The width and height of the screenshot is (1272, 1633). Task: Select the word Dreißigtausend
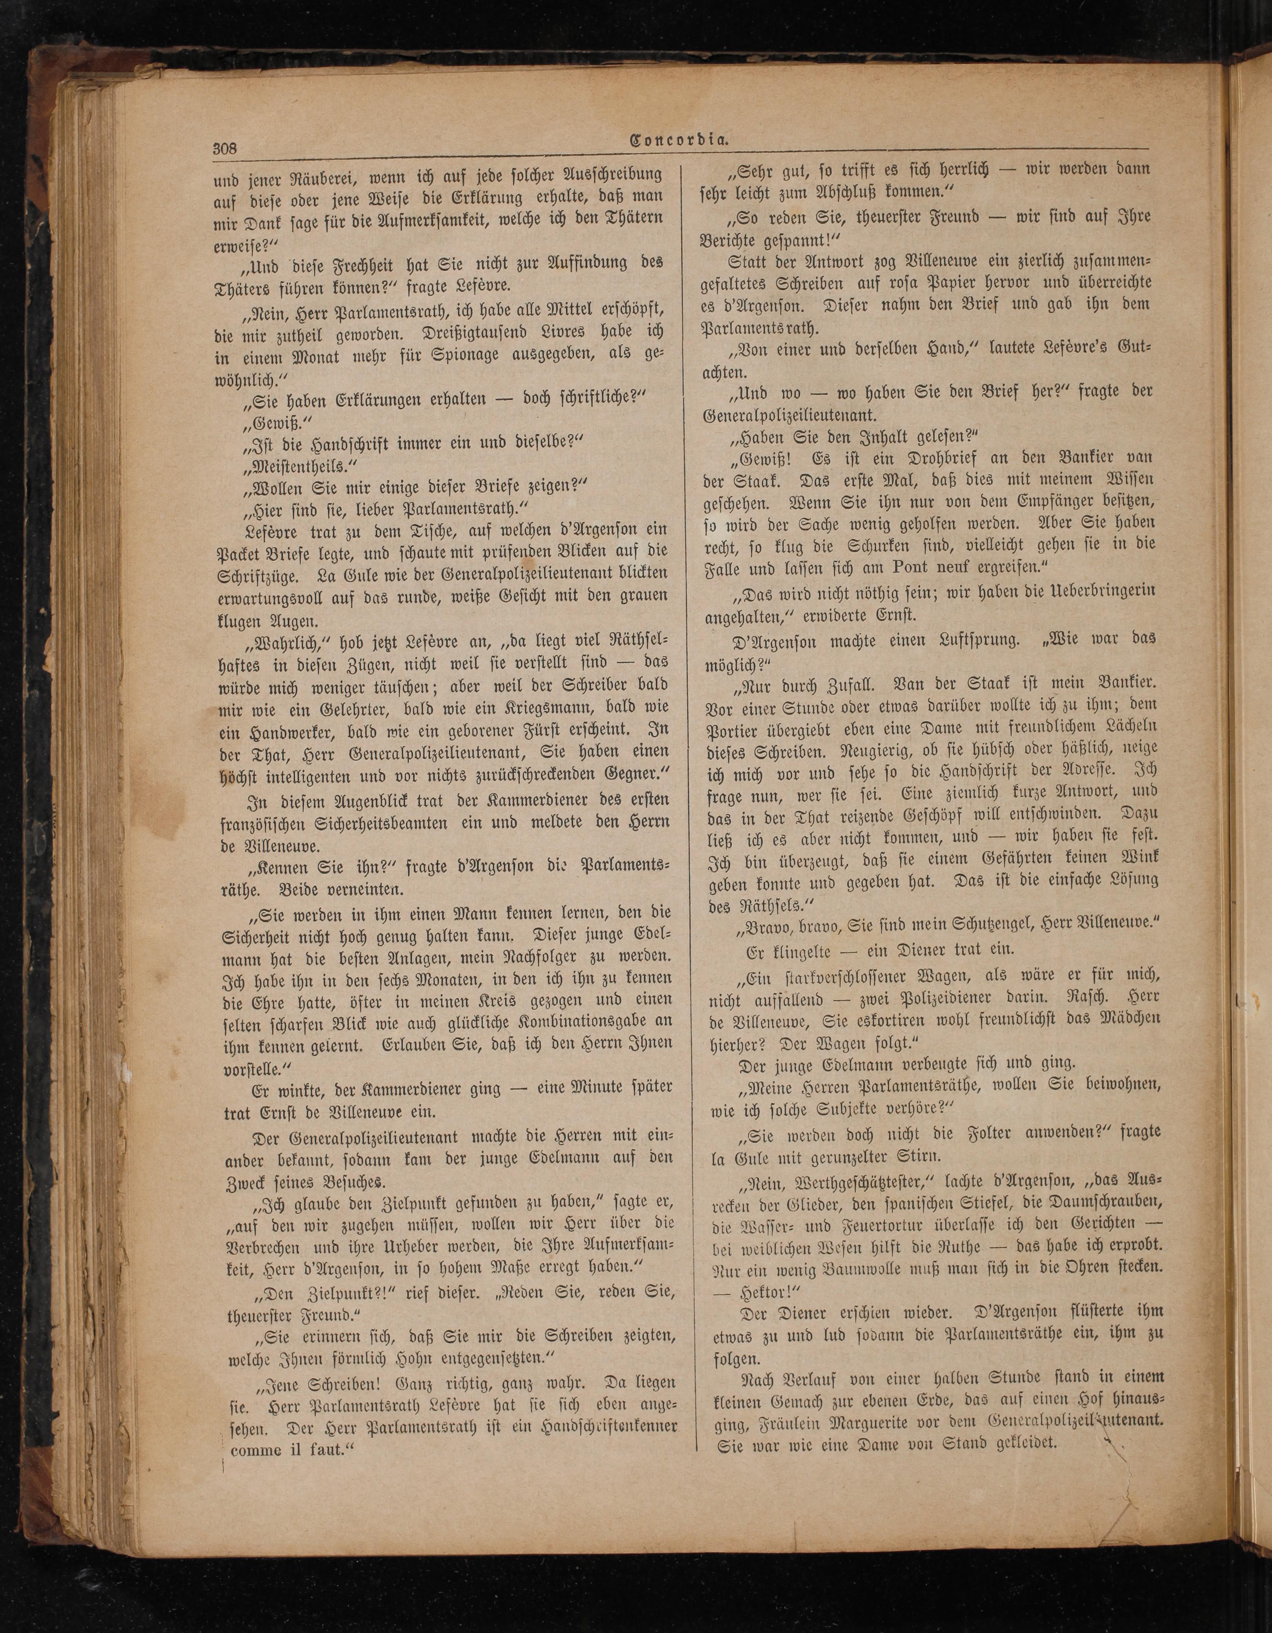click(x=488, y=331)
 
